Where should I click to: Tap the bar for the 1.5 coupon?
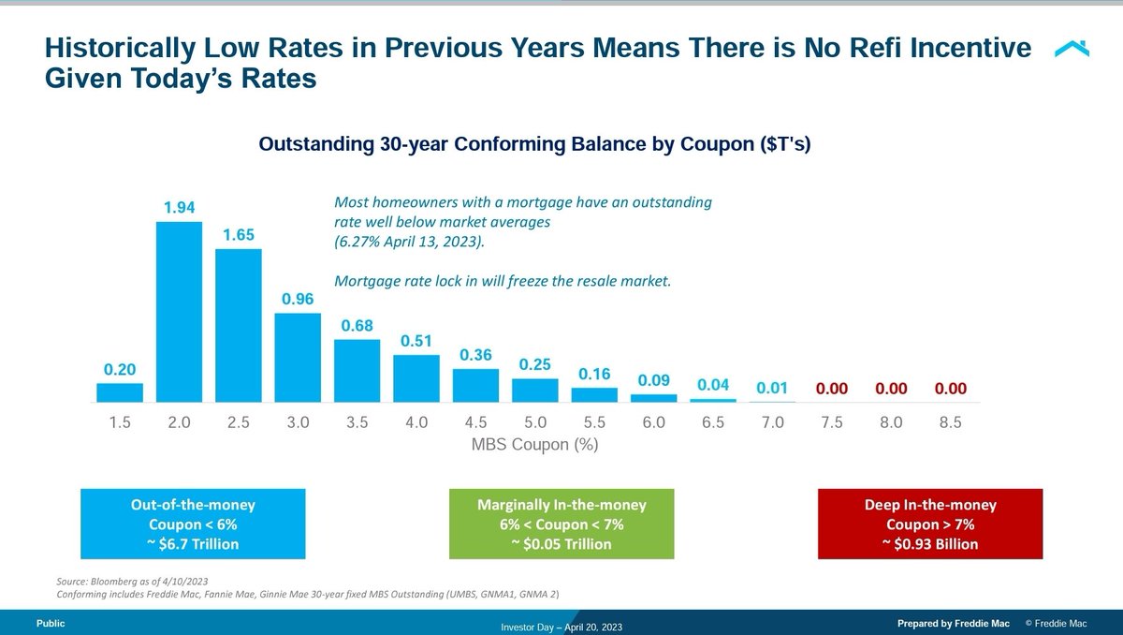[x=120, y=392]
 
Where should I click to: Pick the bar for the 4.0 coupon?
[x=416, y=378]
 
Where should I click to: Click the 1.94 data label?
[x=179, y=208]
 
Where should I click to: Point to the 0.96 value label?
[x=298, y=300]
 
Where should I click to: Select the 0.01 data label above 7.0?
[x=772, y=387]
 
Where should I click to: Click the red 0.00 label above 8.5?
[x=950, y=387]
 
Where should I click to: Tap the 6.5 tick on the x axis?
[x=713, y=423]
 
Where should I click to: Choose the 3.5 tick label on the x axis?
[x=357, y=423]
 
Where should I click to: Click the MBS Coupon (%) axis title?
[x=534, y=445]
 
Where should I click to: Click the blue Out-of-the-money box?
[x=193, y=524]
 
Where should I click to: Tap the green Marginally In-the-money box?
[x=561, y=524]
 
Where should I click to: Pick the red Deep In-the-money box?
[x=930, y=524]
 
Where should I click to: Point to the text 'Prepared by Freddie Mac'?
[x=954, y=623]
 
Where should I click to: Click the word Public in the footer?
[x=51, y=623]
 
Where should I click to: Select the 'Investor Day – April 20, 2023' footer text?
[x=561, y=627]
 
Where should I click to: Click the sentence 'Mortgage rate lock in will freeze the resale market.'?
[x=503, y=280]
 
